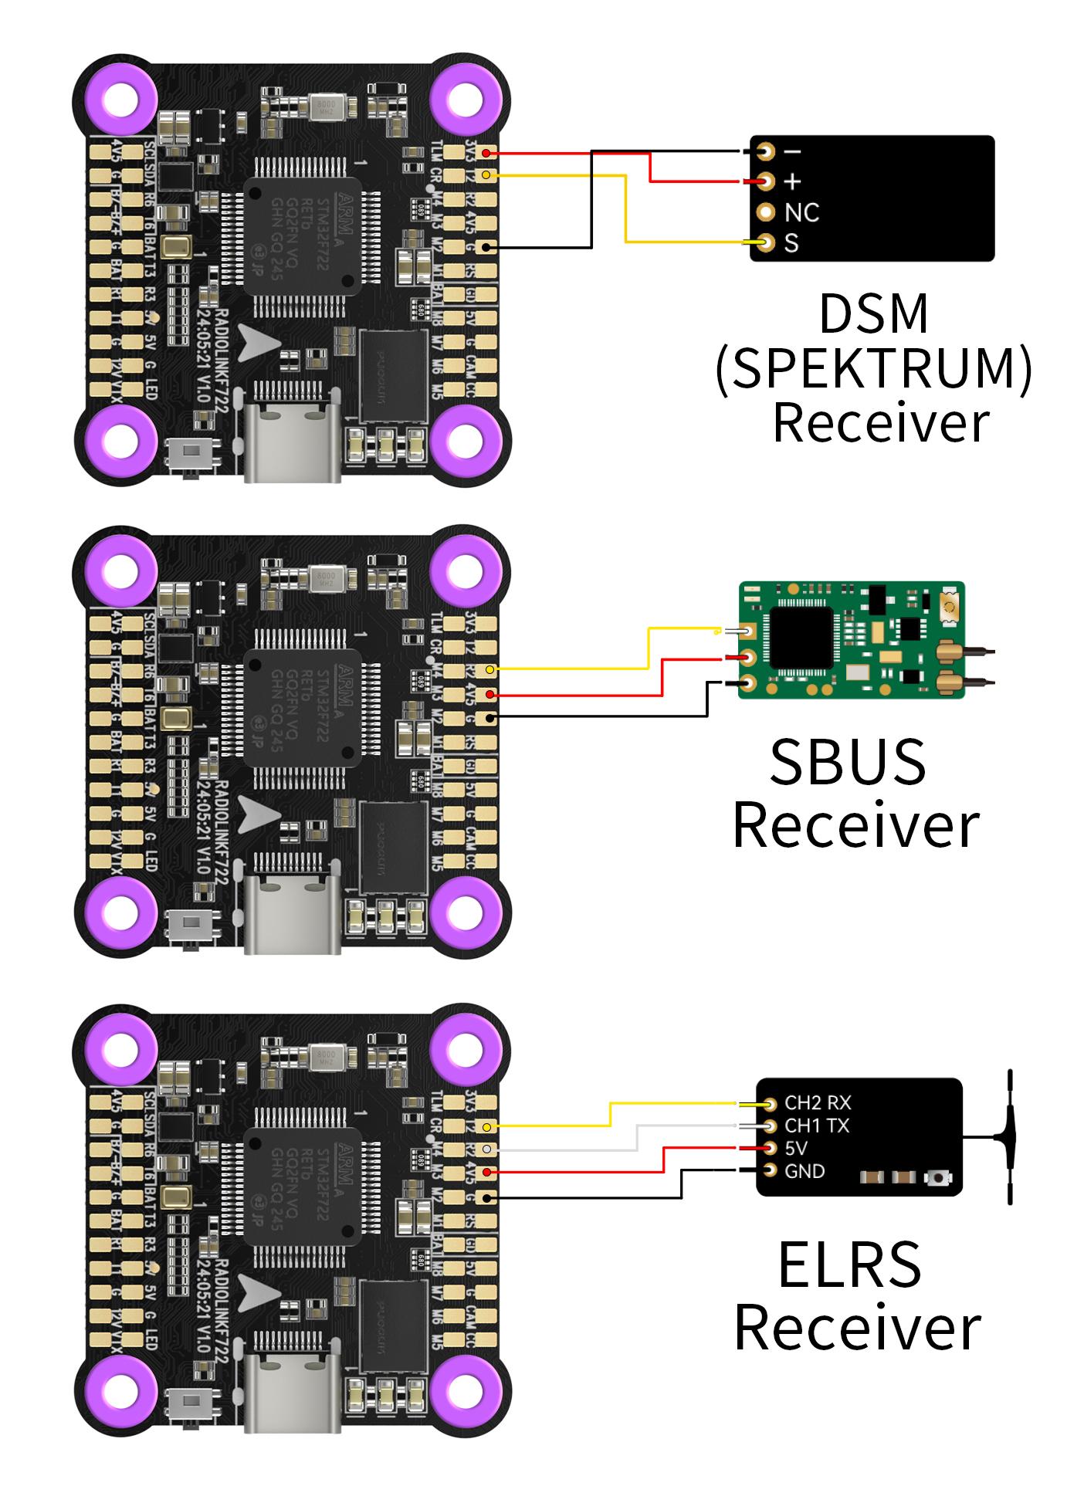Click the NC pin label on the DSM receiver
point(801,212)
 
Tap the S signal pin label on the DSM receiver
point(791,243)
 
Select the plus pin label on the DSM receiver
point(793,182)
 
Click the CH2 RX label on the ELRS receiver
point(817,1103)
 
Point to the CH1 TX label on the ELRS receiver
point(816,1126)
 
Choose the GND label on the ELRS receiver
point(804,1171)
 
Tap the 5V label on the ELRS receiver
point(796,1149)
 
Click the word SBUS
point(847,763)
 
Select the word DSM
point(873,313)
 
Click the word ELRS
point(849,1264)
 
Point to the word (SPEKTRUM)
point(873,368)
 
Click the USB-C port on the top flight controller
point(293,440)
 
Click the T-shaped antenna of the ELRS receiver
point(1008,1137)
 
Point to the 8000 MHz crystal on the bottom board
point(327,1057)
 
